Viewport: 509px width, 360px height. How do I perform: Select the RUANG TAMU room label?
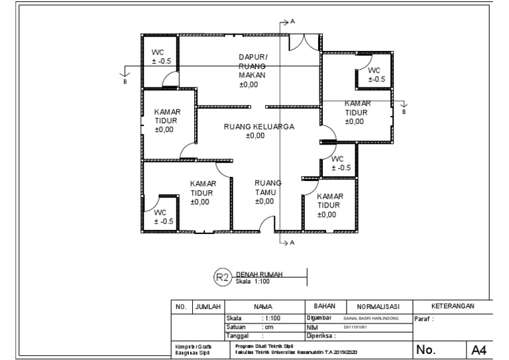[268, 192]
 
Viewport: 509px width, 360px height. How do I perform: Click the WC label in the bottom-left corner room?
[162, 217]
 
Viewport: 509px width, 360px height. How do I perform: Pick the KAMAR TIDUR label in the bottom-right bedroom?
[329, 206]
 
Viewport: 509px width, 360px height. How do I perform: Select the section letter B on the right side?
[403, 113]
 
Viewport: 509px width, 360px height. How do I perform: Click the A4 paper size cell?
[479, 349]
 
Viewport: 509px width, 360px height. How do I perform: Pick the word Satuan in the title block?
[237, 326]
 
